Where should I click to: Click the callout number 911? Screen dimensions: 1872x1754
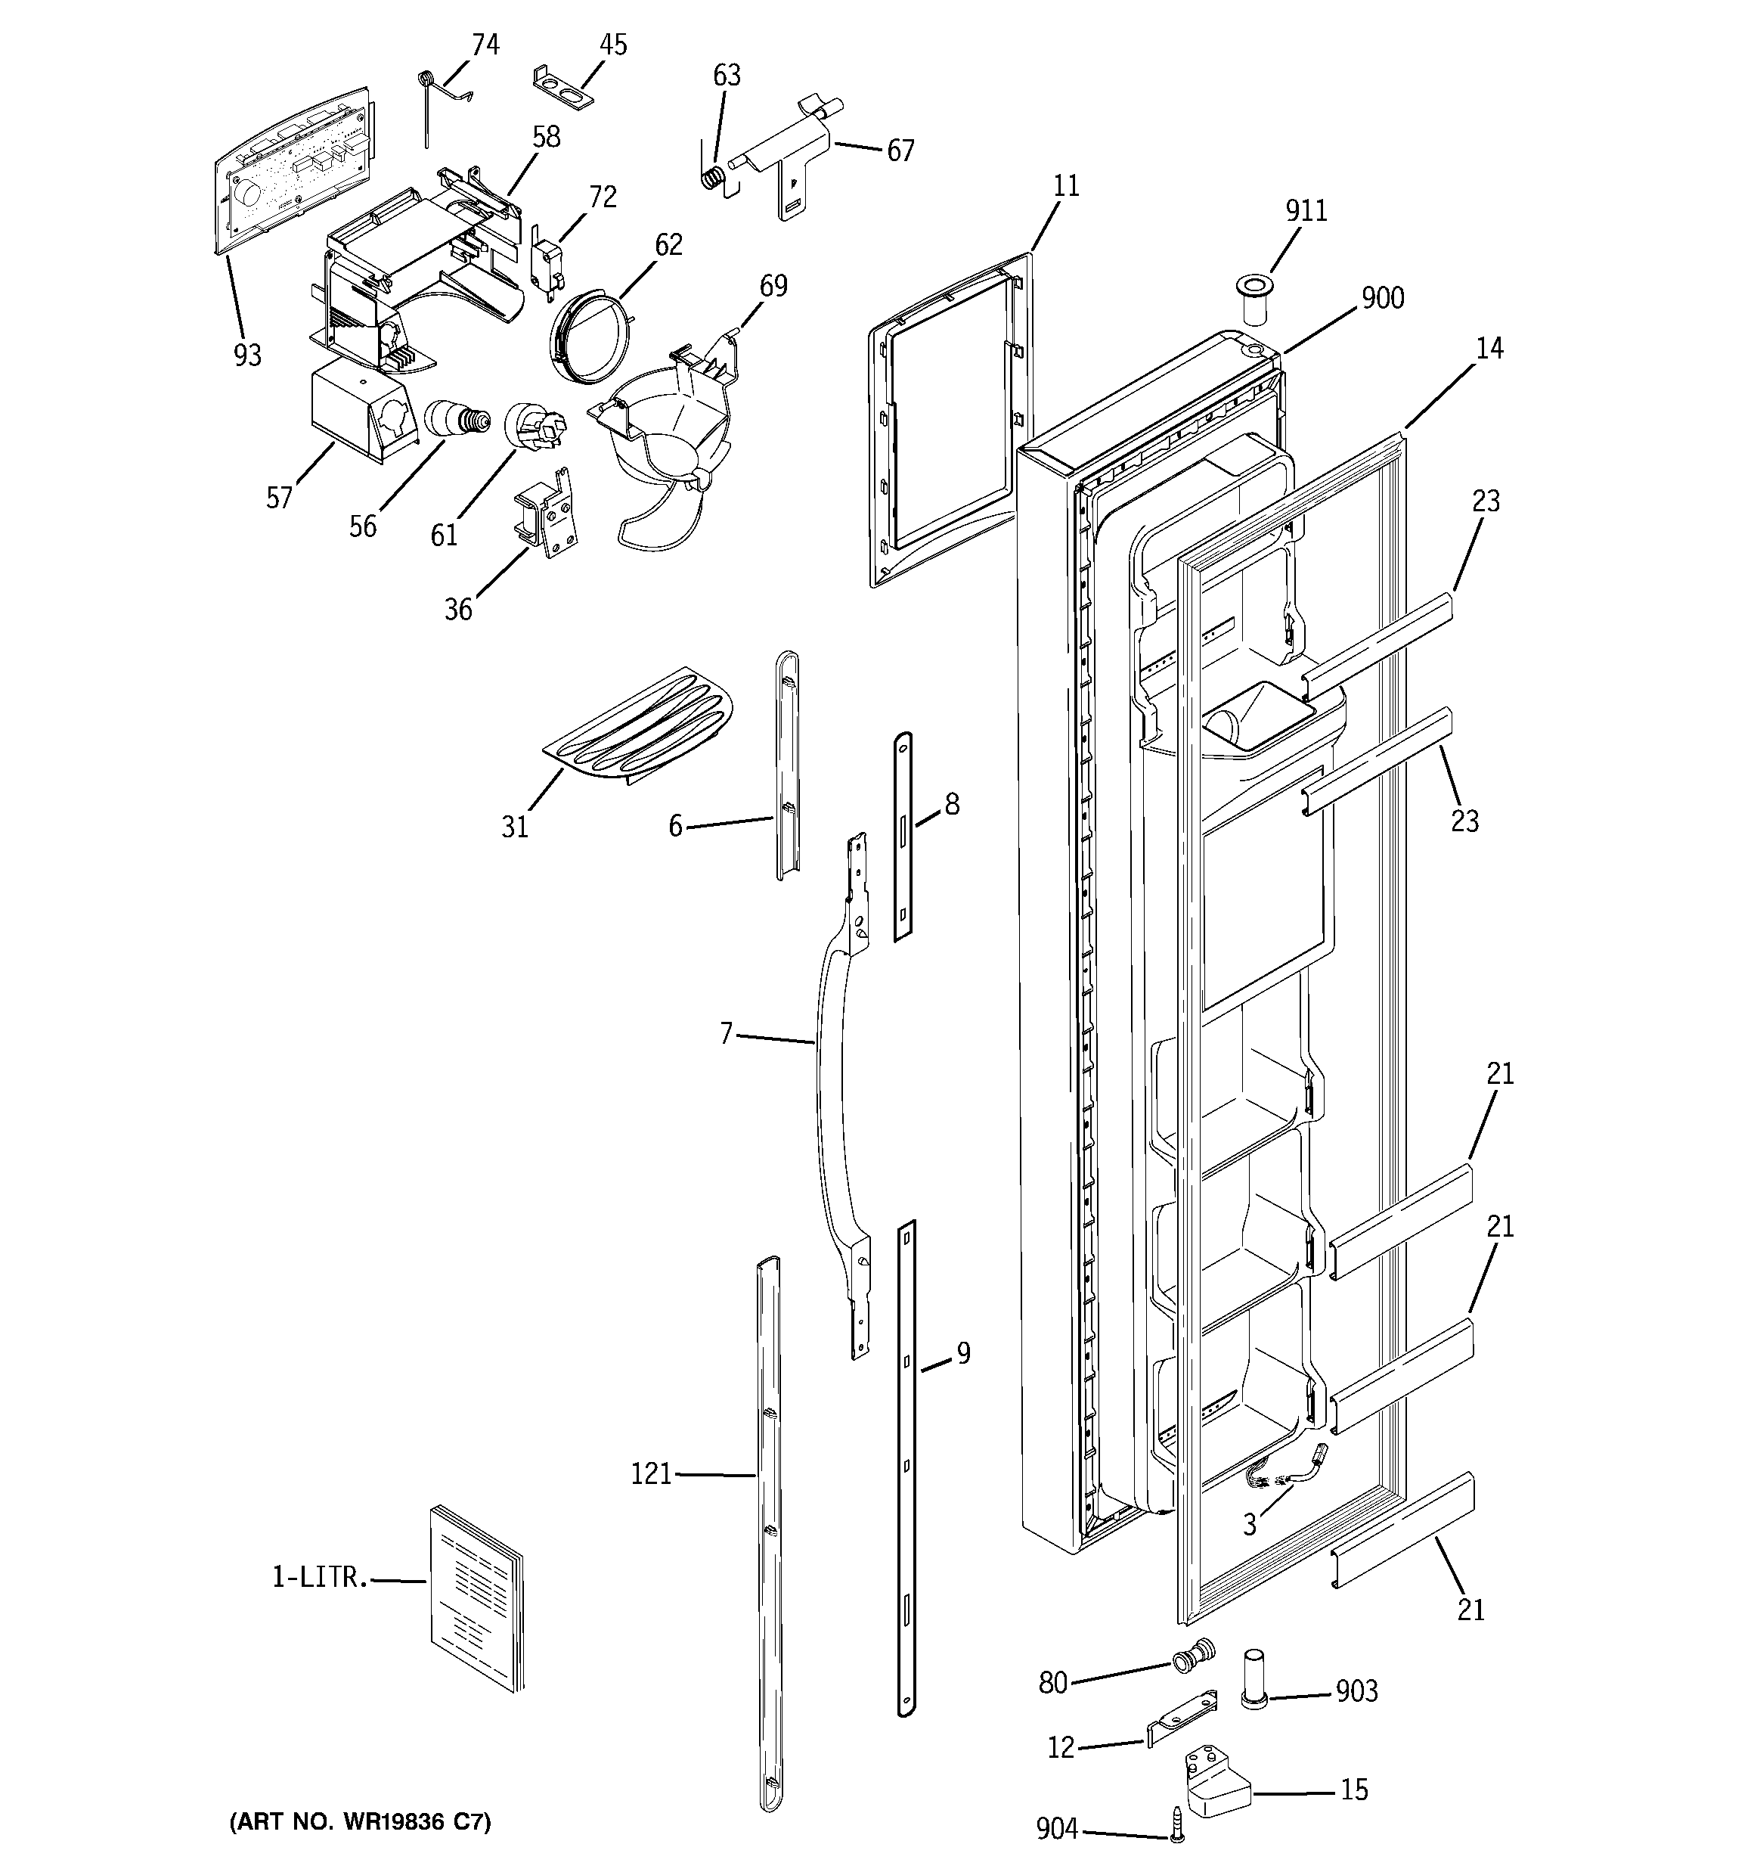click(x=1306, y=210)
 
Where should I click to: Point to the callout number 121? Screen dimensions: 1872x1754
click(x=651, y=1473)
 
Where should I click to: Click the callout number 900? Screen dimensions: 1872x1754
click(x=1382, y=299)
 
